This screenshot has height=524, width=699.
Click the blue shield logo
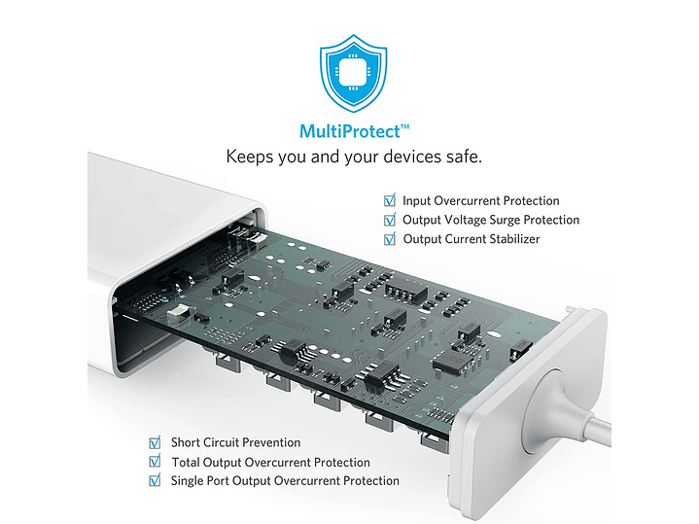[x=353, y=73]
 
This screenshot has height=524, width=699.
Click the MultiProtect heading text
[x=354, y=131]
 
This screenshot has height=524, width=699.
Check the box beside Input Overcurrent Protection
[x=390, y=200]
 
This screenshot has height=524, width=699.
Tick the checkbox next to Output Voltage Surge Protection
[x=390, y=220]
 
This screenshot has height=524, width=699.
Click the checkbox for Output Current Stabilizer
[x=390, y=238]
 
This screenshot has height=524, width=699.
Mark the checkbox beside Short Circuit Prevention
[x=155, y=442]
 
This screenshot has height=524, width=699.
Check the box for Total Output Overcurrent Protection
[x=155, y=461]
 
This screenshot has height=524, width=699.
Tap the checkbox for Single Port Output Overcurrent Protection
[x=155, y=480]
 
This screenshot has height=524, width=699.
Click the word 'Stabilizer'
[x=515, y=239]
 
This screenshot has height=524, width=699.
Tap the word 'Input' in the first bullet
[x=416, y=201]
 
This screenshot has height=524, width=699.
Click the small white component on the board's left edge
[x=178, y=314]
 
